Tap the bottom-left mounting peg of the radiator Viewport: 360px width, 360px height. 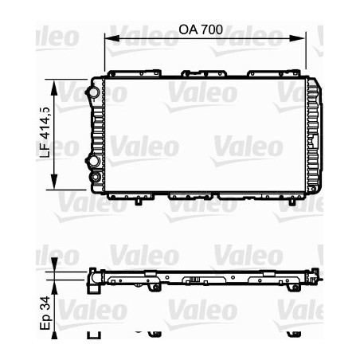[139, 201]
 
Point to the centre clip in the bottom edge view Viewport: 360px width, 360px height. [194, 280]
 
